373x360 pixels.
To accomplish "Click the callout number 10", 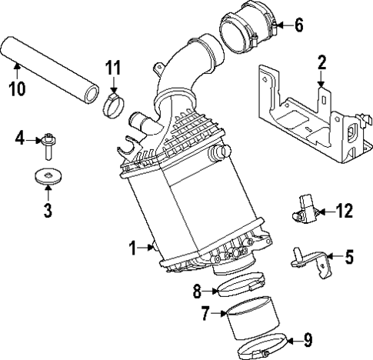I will (16, 88).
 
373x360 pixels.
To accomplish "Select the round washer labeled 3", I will (49, 178).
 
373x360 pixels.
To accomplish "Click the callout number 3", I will (48, 208).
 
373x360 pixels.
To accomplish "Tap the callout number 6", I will (298, 25).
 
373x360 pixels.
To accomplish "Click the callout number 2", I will (322, 62).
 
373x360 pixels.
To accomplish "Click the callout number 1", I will (132, 248).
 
